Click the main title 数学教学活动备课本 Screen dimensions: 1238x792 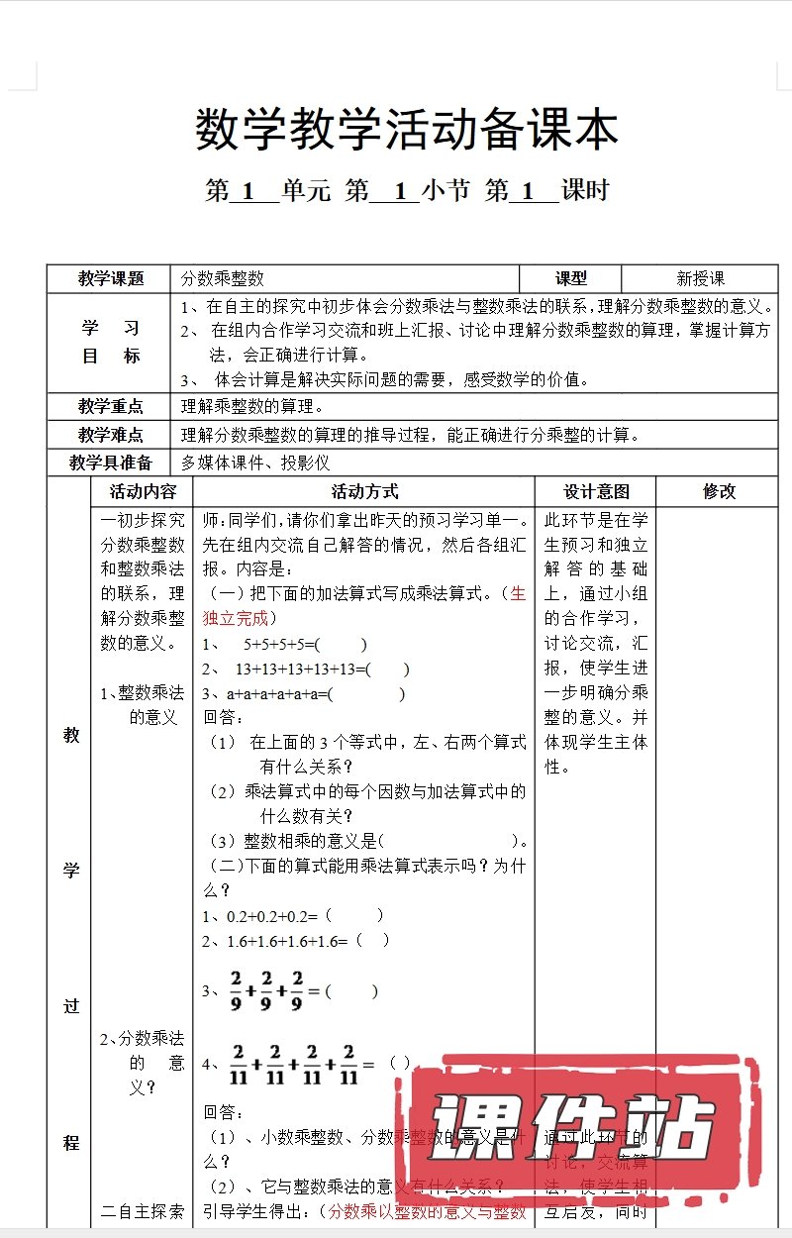(407, 131)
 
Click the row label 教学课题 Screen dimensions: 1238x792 (111, 279)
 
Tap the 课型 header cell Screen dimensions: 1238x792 (571, 279)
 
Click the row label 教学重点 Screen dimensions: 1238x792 (111, 406)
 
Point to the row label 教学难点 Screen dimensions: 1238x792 (111, 435)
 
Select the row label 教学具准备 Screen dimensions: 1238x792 (111, 463)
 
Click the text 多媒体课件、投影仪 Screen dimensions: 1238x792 (255, 463)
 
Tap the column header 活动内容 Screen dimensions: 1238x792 (143, 491)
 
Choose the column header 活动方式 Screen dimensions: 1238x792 (364, 491)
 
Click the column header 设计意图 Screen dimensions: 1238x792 (596, 491)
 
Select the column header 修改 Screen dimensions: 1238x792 (720, 491)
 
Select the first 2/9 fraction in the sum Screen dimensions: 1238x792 (237, 990)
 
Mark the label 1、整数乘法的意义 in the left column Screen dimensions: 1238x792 (143, 704)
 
